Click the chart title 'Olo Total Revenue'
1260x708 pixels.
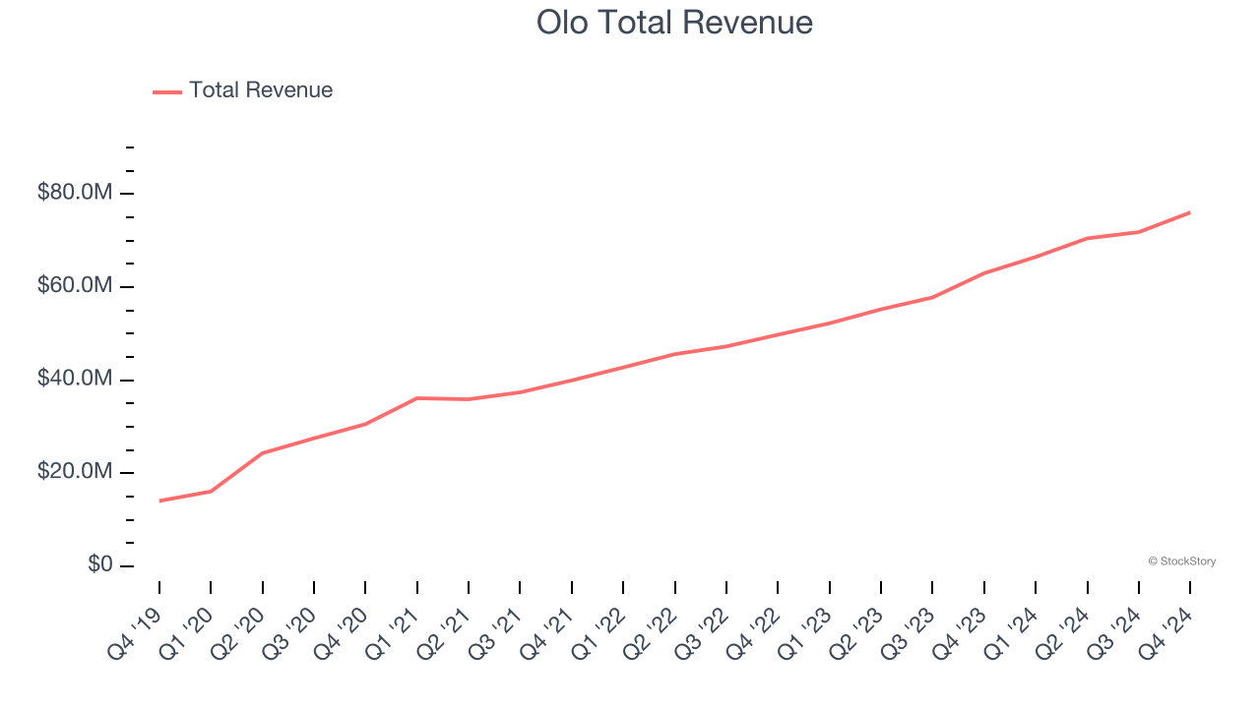click(x=674, y=23)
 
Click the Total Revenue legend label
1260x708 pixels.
click(x=261, y=90)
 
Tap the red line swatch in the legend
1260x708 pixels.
click(x=167, y=91)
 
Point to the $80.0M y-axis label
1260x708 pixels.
click(x=75, y=193)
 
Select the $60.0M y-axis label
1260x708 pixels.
click(x=75, y=286)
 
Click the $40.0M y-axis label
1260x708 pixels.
click(x=75, y=380)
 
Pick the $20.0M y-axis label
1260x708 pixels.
click(x=75, y=473)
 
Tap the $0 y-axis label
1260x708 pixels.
click(x=99, y=564)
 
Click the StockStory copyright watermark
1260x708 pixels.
click(x=1181, y=561)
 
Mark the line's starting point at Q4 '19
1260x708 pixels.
click(x=159, y=501)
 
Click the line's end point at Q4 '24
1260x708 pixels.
click(x=1190, y=212)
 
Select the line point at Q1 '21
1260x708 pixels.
click(x=417, y=398)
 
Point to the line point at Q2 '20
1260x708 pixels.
click(x=263, y=452)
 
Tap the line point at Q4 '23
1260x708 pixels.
click(x=984, y=272)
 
